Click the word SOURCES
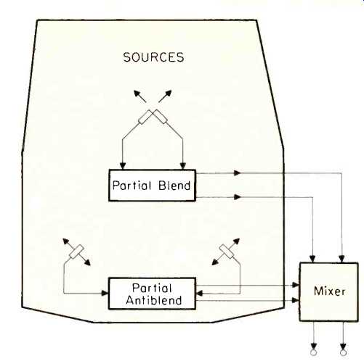[x=153, y=57]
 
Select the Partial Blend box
[x=152, y=186]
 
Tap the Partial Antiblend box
[x=152, y=294]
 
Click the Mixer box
[x=329, y=291]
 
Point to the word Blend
[x=174, y=186]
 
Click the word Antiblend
[x=154, y=300]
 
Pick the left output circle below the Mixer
[x=314, y=352]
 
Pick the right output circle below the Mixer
[x=343, y=352]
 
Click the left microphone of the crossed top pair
[x=145, y=117]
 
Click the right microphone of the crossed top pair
[x=160, y=117]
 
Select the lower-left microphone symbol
[x=76, y=252]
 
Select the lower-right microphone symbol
[x=227, y=252]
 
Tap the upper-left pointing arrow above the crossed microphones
[x=140, y=96]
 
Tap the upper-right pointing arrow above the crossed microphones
[x=165, y=96]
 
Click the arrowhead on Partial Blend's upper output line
[x=238, y=173]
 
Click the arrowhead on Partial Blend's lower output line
[x=238, y=197]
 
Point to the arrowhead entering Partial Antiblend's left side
[x=105, y=293]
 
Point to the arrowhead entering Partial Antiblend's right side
[x=199, y=294]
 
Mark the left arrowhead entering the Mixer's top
[x=312, y=259]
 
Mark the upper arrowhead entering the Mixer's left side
[x=296, y=285]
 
